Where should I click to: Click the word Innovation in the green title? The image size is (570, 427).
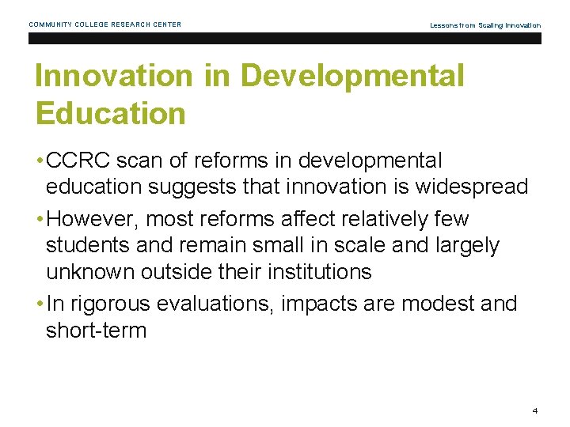tap(113, 77)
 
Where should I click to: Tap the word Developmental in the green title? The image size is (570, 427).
tap(352, 77)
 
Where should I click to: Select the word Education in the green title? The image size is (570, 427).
tap(110, 113)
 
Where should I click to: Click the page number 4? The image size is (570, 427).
tap(535, 411)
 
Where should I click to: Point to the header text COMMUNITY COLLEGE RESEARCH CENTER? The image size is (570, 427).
tap(105, 25)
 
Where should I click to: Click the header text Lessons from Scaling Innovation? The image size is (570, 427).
tap(485, 25)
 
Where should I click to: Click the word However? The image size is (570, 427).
tap(93, 218)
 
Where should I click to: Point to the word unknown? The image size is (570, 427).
tap(90, 272)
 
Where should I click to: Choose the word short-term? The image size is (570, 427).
tap(97, 330)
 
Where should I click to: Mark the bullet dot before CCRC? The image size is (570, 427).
tap(39, 161)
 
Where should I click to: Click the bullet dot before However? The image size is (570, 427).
tap(39, 219)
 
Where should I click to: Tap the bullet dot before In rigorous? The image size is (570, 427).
tap(39, 304)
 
